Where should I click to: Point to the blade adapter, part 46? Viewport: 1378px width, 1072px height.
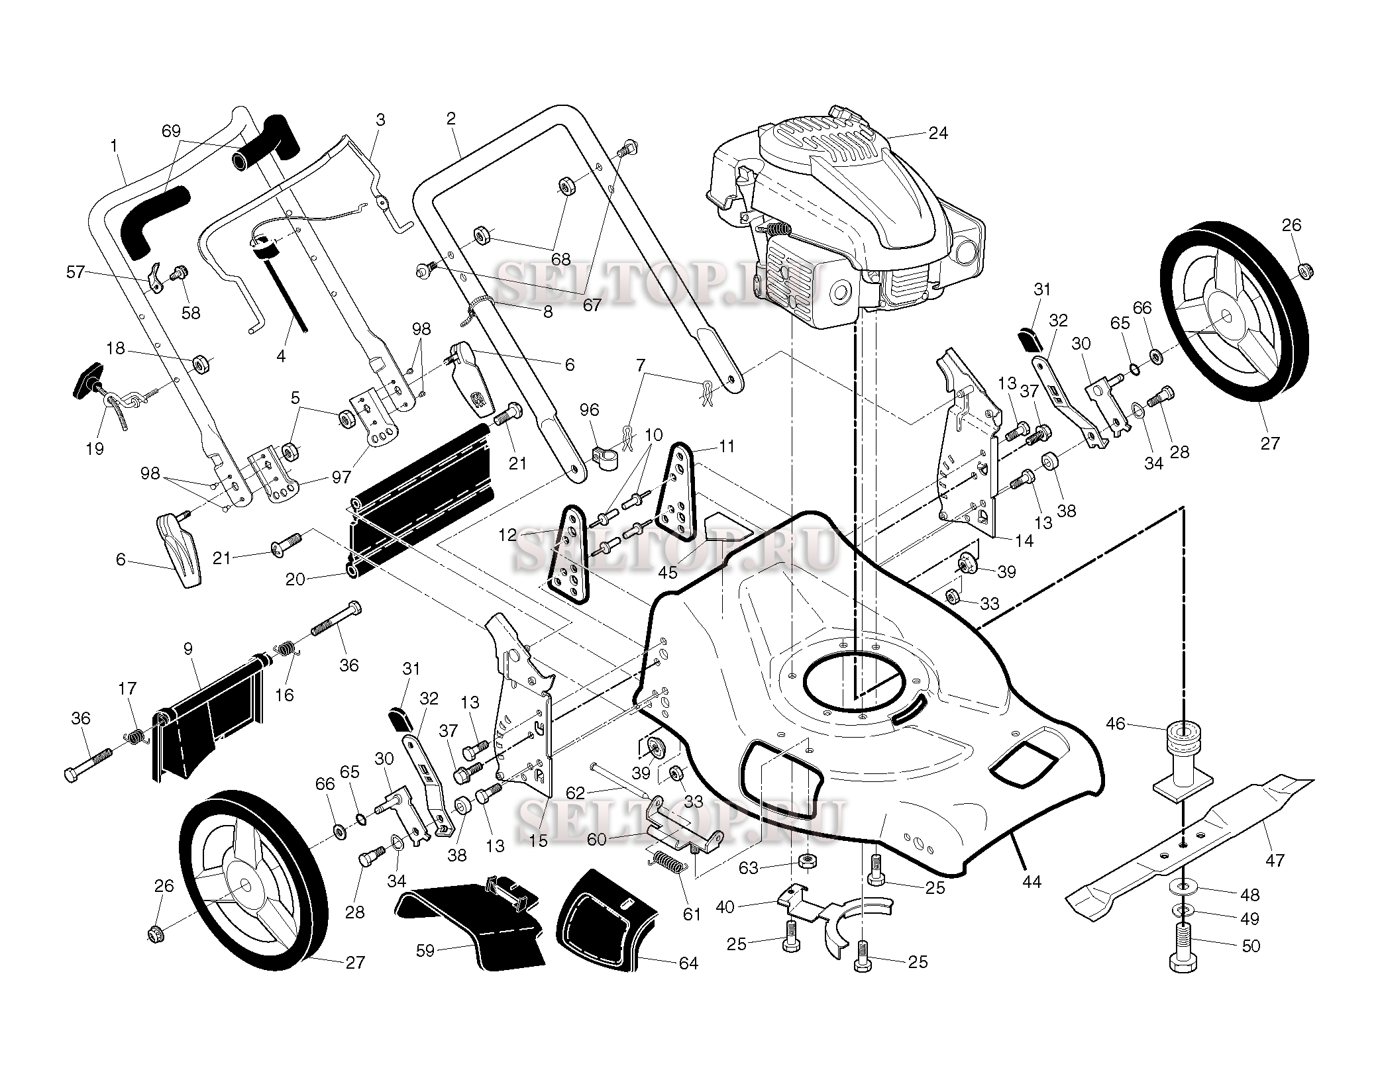[1183, 761]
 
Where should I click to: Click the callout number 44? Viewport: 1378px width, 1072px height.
[1032, 881]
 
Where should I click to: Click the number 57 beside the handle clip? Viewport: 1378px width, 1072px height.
[75, 271]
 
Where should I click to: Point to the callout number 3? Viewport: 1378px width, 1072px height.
[380, 120]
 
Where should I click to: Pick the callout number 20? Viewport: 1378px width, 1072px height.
[295, 579]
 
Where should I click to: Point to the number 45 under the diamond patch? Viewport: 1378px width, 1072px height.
[667, 571]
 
